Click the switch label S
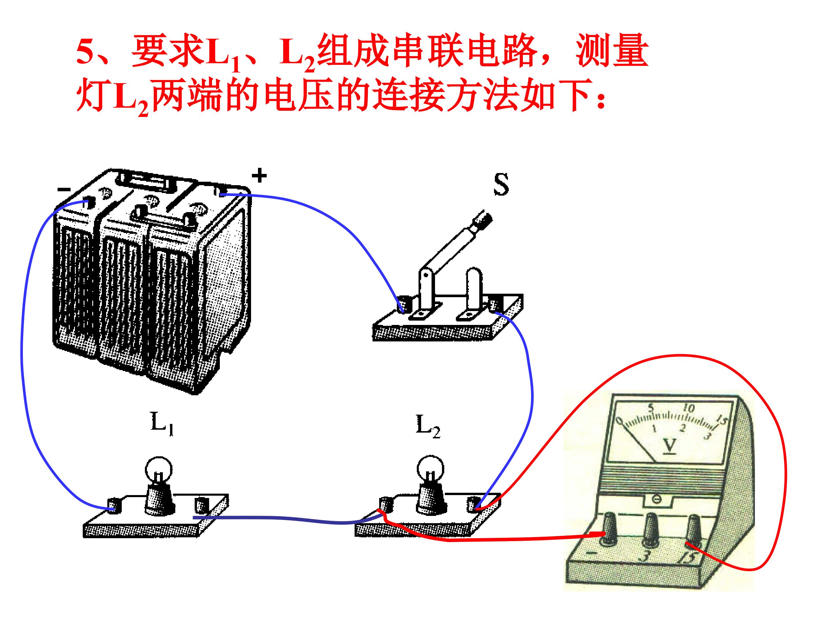[x=501, y=184]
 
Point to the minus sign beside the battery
[x=64, y=189]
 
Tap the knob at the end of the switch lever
[x=483, y=219]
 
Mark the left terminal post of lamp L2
[x=385, y=504]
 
